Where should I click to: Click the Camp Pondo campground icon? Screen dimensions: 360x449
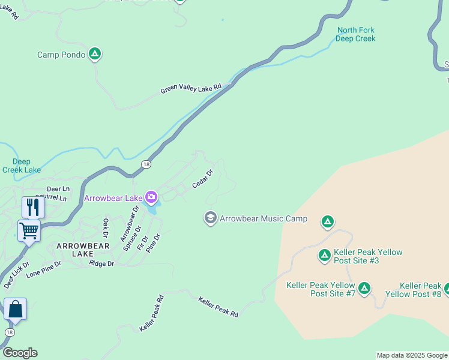[94, 54]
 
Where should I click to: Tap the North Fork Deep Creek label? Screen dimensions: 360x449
[355, 34]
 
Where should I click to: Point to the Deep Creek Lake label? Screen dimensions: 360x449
[21, 166]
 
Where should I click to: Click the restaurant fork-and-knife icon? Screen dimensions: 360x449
[32, 207]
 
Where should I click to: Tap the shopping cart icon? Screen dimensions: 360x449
[29, 230]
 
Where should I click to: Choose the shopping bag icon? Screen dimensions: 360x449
[15, 309]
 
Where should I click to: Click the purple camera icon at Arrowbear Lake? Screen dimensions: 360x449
[151, 197]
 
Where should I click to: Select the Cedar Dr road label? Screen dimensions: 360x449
[203, 179]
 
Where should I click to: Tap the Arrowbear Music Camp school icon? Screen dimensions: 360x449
[210, 218]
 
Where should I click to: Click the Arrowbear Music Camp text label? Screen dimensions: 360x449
[264, 218]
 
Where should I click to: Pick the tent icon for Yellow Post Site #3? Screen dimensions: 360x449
[324, 256]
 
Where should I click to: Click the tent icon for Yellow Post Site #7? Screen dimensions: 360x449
[364, 289]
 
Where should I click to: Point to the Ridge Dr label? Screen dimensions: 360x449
[101, 263]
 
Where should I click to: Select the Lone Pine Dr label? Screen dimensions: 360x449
[43, 268]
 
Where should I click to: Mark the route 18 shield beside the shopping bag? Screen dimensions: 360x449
[9, 332]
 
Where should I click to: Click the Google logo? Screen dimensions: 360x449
[20, 353]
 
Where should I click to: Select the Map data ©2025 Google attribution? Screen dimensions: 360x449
[412, 355]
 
